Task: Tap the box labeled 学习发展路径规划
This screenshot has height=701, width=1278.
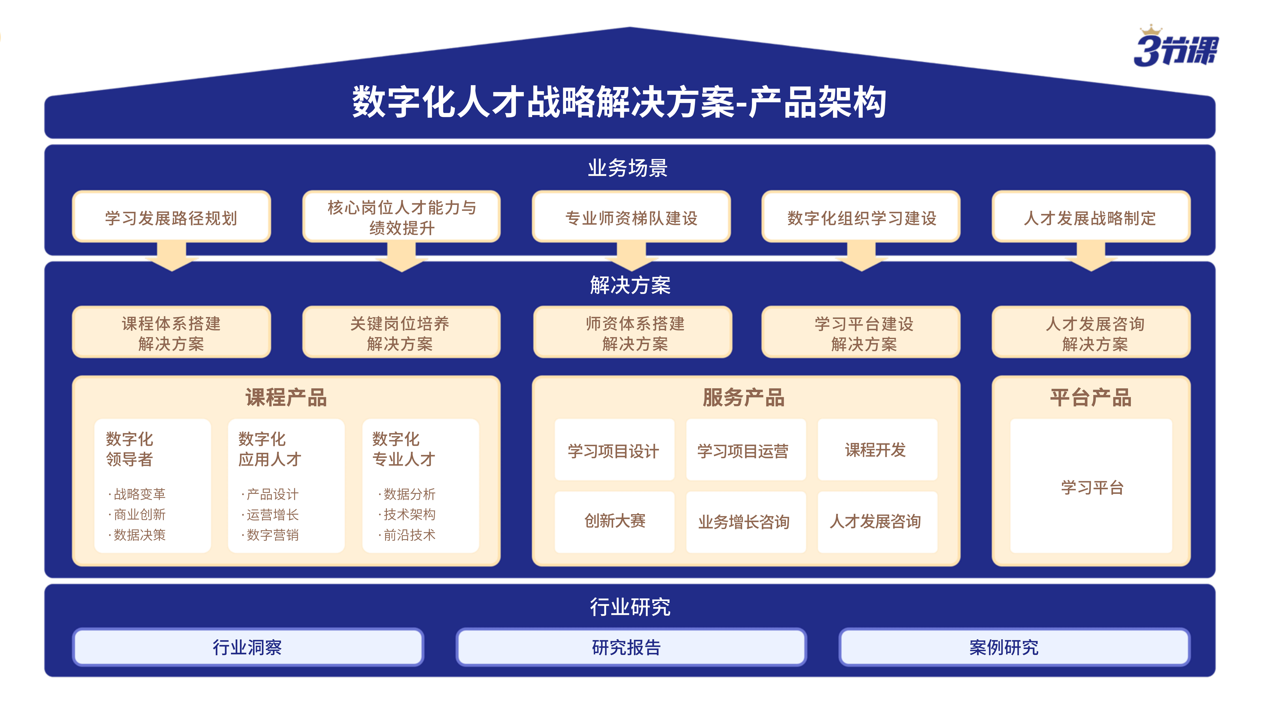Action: (x=172, y=217)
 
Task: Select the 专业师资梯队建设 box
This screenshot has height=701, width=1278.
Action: (x=631, y=217)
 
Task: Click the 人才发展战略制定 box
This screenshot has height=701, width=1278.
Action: (x=1090, y=217)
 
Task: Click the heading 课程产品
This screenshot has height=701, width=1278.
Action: (x=286, y=397)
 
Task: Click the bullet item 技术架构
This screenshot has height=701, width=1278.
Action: (x=407, y=514)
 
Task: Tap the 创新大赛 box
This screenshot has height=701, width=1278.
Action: (x=614, y=522)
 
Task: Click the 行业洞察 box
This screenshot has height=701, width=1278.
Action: (x=248, y=647)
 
